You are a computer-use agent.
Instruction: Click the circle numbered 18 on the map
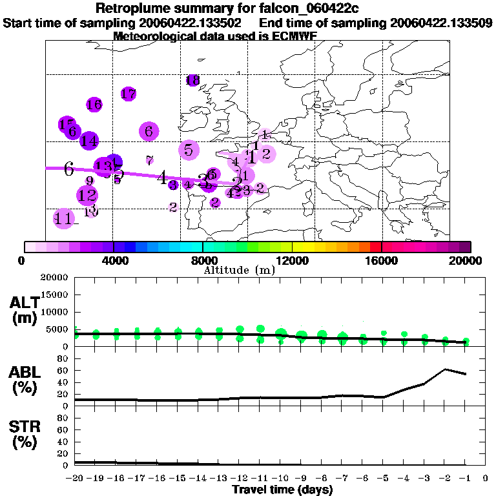pos(192,80)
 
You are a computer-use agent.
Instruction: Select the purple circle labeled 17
pos(129,94)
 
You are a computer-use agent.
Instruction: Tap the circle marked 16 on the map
pos(94,105)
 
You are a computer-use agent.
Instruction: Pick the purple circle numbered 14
pos(88,140)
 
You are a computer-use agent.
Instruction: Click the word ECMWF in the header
pos(296,36)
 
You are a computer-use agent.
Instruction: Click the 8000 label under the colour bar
pos(203,260)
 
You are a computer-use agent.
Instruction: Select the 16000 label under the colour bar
pos(381,260)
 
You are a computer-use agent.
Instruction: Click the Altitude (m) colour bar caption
pos(239,270)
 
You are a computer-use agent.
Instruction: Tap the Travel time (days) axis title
pos(282,490)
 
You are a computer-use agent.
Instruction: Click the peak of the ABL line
pos(445,369)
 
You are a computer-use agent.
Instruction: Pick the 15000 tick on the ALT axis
pos(56,294)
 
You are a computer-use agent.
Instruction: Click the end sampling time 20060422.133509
pos(442,23)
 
